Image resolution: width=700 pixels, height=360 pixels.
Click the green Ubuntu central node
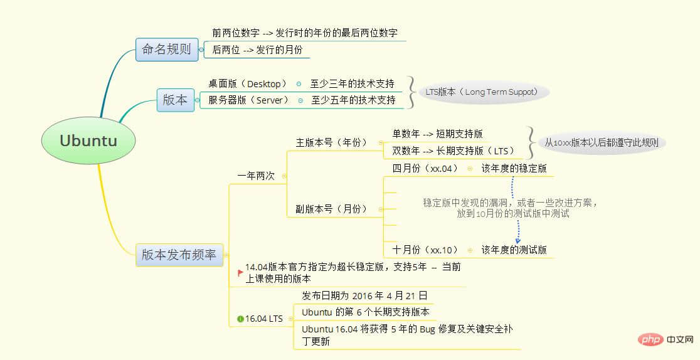(x=88, y=140)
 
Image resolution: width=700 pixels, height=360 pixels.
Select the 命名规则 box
(x=166, y=49)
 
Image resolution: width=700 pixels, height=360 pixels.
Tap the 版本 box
(x=176, y=100)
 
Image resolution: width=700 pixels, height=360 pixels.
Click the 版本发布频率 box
(x=179, y=255)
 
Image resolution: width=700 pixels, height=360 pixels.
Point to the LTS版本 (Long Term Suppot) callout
(x=484, y=92)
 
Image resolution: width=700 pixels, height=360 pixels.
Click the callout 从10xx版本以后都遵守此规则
(x=602, y=143)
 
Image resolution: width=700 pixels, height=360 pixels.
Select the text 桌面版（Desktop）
(x=248, y=83)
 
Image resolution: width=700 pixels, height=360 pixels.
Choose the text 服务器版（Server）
(x=248, y=100)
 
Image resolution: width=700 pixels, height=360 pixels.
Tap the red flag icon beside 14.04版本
(x=241, y=272)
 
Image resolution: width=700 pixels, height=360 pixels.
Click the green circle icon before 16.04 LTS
(x=241, y=319)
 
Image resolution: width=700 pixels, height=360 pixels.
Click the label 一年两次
(x=257, y=176)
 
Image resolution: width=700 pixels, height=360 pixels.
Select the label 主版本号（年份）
(x=332, y=142)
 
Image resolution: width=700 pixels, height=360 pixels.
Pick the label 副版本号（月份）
(x=332, y=209)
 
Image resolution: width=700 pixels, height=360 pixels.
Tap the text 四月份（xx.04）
(x=425, y=168)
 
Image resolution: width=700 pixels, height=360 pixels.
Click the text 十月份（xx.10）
(x=425, y=250)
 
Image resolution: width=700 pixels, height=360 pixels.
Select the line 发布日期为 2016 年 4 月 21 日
(x=364, y=295)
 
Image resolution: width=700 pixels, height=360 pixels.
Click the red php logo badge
(x=650, y=340)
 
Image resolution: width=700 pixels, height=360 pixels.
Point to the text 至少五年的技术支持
(x=354, y=100)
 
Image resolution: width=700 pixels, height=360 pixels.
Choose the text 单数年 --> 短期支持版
(x=438, y=134)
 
